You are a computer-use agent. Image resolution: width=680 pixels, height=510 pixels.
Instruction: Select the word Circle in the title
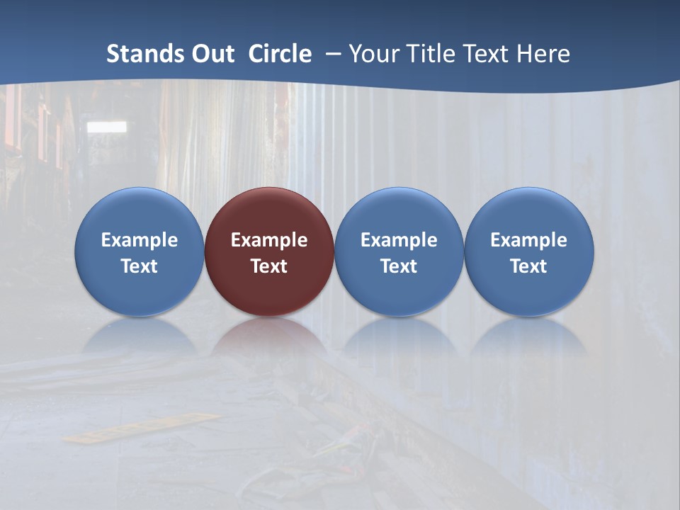[x=280, y=54]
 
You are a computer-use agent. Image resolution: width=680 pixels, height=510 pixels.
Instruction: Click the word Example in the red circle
[x=269, y=240]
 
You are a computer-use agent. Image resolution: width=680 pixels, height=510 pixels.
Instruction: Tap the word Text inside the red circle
[x=269, y=266]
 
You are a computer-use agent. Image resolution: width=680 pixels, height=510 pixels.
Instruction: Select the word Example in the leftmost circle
[x=140, y=240]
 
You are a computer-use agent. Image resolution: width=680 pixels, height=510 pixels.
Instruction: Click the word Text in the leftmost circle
[x=140, y=266]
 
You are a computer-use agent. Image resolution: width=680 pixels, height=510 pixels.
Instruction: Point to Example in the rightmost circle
[x=528, y=240]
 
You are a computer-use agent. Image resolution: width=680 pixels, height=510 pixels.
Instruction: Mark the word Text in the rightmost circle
[x=528, y=266]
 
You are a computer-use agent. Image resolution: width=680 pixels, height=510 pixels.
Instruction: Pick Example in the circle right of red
[x=399, y=240]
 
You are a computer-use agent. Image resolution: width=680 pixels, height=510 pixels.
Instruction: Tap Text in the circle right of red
[x=399, y=266]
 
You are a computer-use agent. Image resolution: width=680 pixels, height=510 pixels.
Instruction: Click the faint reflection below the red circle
[x=269, y=336]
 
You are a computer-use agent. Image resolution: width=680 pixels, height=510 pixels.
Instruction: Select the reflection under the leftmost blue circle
[x=140, y=336]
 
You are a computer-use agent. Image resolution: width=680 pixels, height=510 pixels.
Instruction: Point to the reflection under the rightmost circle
[x=528, y=336]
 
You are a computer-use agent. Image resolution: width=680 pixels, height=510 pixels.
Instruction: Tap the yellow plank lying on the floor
[x=142, y=428]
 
